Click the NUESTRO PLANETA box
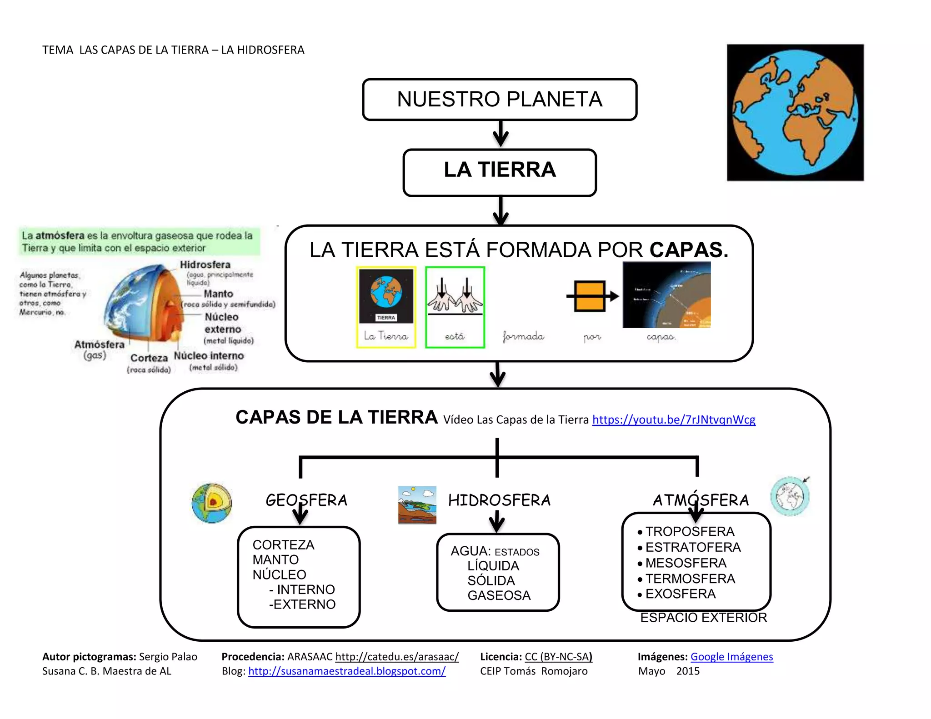tap(500, 100)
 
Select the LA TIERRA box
tap(500, 172)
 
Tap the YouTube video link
tap(674, 419)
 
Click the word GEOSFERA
tap(306, 500)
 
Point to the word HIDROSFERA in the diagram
tap(499, 500)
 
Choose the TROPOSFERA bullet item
tap(690, 531)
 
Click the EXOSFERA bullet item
tap(680, 594)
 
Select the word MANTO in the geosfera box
tap(275, 559)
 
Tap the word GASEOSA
tap(499, 595)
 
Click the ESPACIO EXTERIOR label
tap(703, 618)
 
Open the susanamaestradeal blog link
tap(347, 671)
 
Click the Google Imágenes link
tap(731, 657)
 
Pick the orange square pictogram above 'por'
tap(590, 296)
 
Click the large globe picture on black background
tap(795, 113)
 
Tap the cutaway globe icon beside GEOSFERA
tap(212, 503)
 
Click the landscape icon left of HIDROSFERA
tap(417, 505)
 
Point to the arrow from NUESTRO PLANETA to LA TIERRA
tap(500, 134)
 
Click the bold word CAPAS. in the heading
tap(688, 250)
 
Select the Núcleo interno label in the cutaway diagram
tap(209, 356)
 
